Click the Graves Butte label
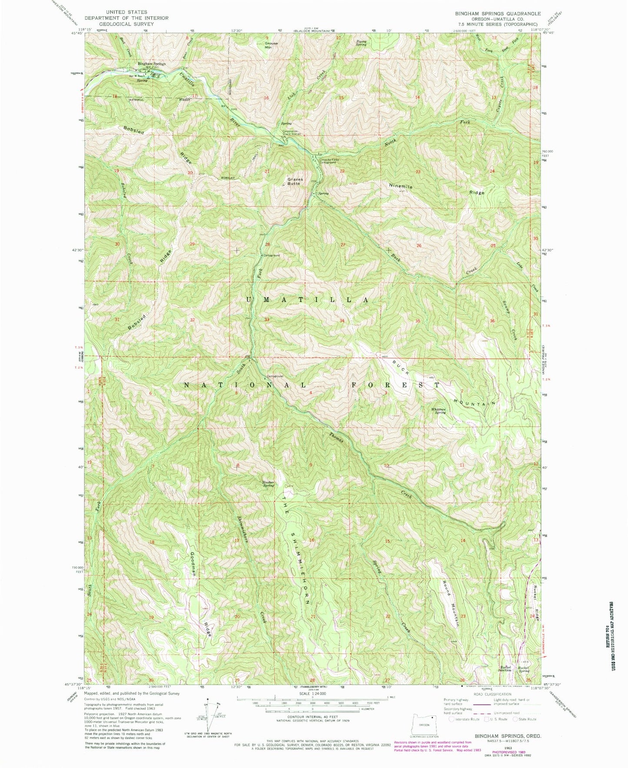pyautogui.click(x=294, y=181)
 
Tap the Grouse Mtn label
pyautogui.click(x=271, y=45)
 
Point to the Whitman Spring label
pyautogui.click(x=438, y=411)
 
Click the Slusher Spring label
pyautogui.click(x=268, y=484)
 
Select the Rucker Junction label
pyautogui.click(x=505, y=669)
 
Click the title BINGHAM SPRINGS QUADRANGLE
pyautogui.click(x=495, y=13)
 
